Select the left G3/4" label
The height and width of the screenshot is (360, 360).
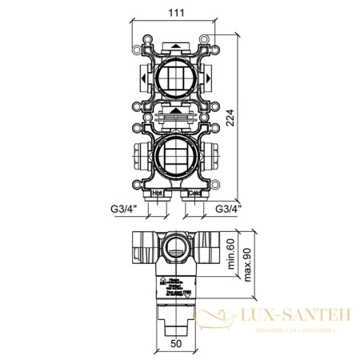click(x=124, y=209)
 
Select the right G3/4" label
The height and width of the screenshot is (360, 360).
click(x=229, y=209)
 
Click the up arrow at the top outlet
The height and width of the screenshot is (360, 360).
click(x=175, y=46)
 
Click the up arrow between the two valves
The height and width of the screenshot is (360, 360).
click(x=175, y=113)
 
